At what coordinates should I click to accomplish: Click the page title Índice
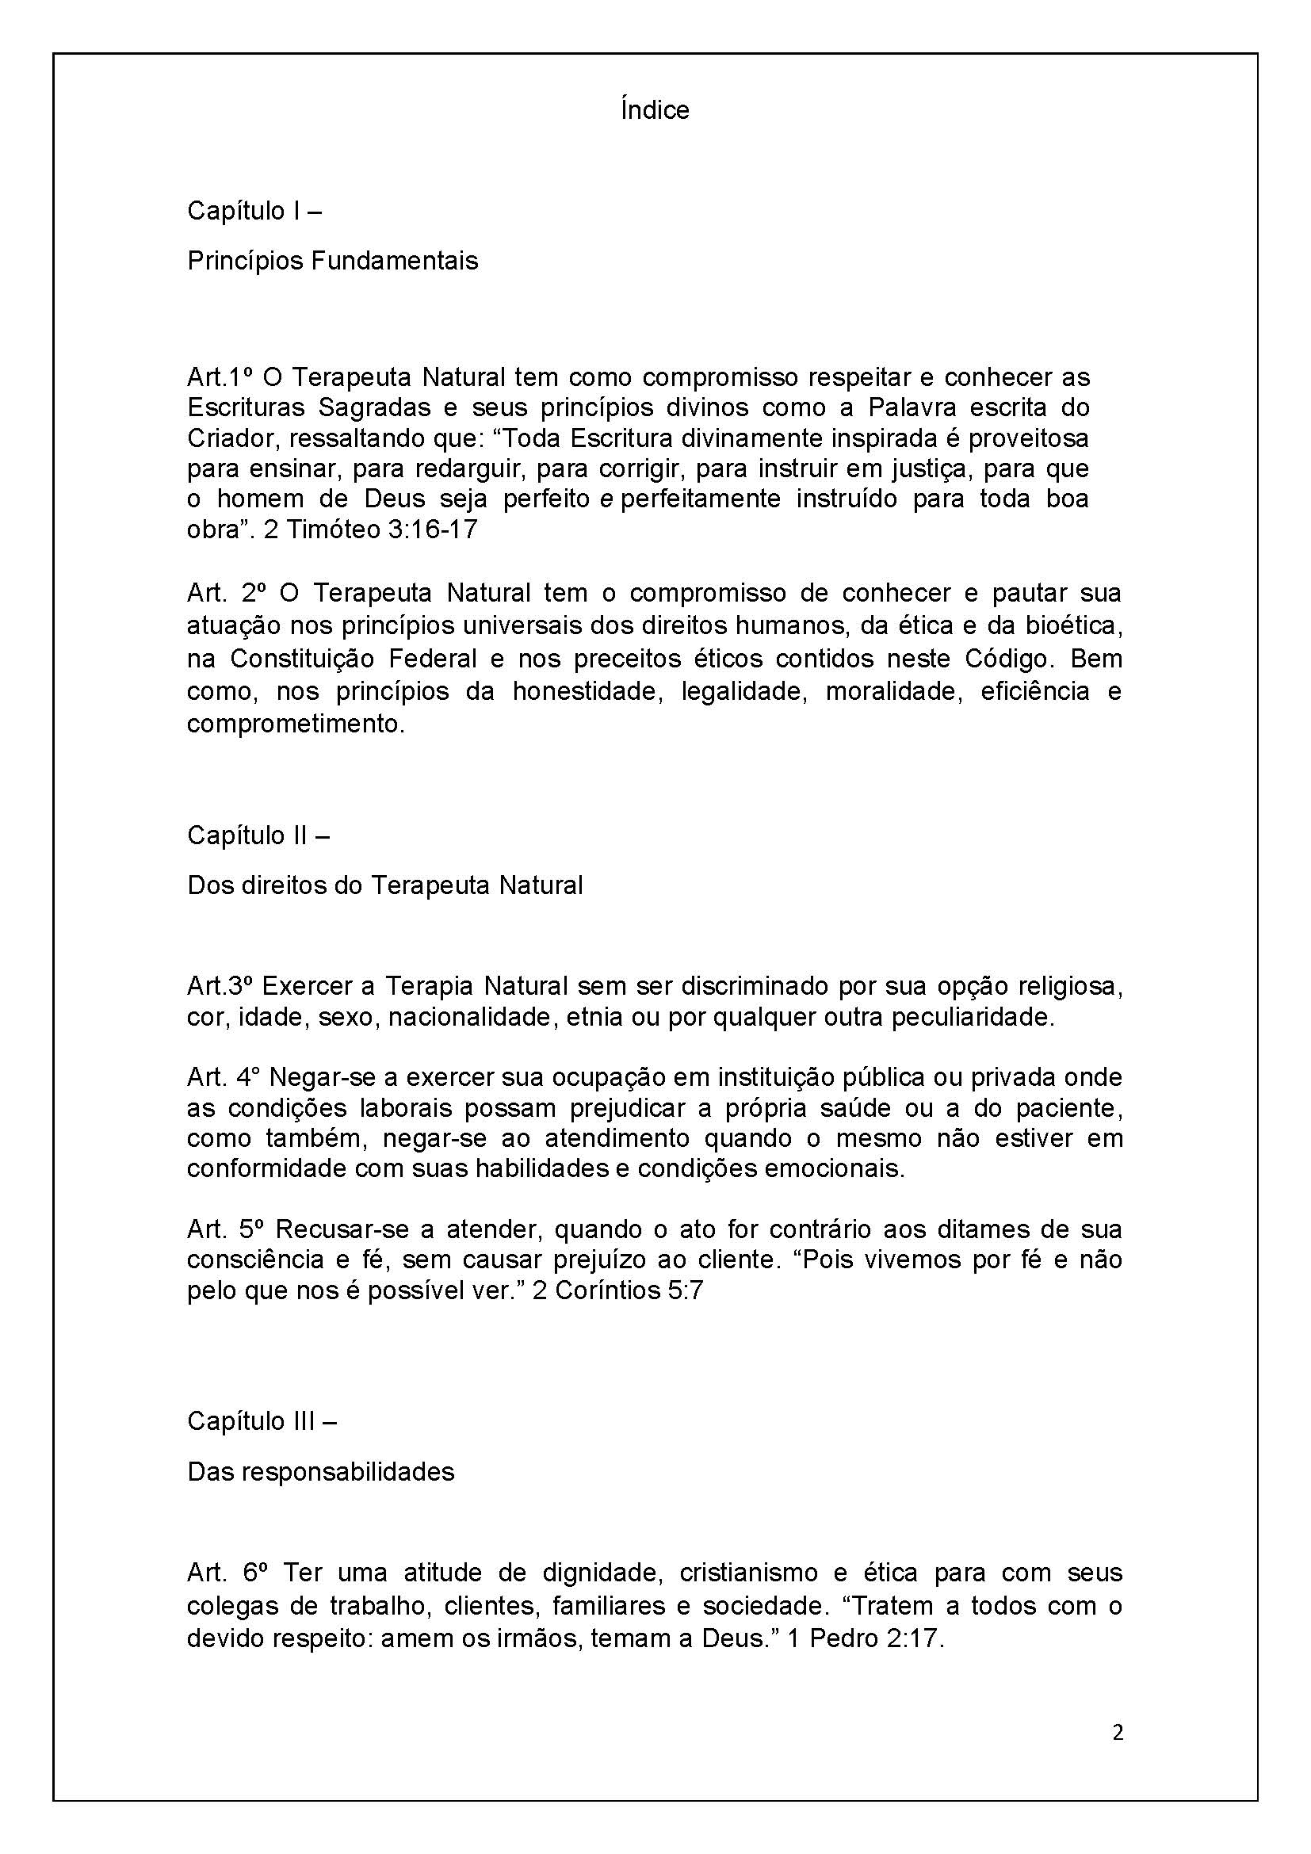click(x=655, y=110)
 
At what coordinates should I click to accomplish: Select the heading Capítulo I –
click(x=254, y=211)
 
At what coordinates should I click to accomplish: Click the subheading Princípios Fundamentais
click(x=333, y=261)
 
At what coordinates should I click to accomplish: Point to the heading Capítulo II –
click(x=258, y=835)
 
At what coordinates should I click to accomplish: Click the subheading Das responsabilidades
click(x=320, y=1472)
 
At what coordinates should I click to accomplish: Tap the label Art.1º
click(x=220, y=377)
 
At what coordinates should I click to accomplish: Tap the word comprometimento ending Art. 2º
click(x=295, y=724)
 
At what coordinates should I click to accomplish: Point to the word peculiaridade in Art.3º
click(x=972, y=1018)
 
